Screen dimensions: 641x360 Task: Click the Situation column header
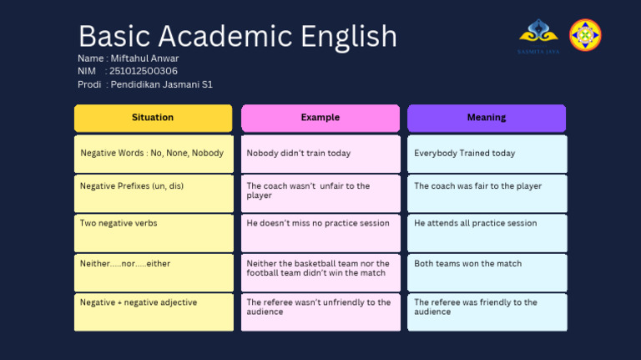[x=154, y=119]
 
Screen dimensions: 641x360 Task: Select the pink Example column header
[x=320, y=119]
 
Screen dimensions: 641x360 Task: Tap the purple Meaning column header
[x=487, y=119]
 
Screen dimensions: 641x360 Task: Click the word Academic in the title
[x=225, y=36]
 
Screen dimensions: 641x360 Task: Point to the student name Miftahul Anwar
[x=144, y=58]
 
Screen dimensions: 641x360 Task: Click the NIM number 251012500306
[x=144, y=71]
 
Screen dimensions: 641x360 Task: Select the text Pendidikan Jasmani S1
[x=161, y=84]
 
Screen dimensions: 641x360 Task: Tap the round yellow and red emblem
[x=585, y=35]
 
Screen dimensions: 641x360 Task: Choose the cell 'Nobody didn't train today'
[x=320, y=154]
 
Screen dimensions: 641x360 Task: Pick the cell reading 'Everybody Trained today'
[x=487, y=154]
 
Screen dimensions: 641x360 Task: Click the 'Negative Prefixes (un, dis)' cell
[x=154, y=194]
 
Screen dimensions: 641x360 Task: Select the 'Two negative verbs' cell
[x=154, y=233]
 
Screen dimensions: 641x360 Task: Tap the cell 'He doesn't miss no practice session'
[x=320, y=233]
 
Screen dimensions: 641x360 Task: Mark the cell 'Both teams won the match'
[x=487, y=273]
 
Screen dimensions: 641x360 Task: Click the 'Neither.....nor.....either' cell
[x=154, y=273]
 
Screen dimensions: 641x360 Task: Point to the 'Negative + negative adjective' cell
[x=154, y=312]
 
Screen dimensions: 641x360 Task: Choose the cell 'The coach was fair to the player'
[x=487, y=194]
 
